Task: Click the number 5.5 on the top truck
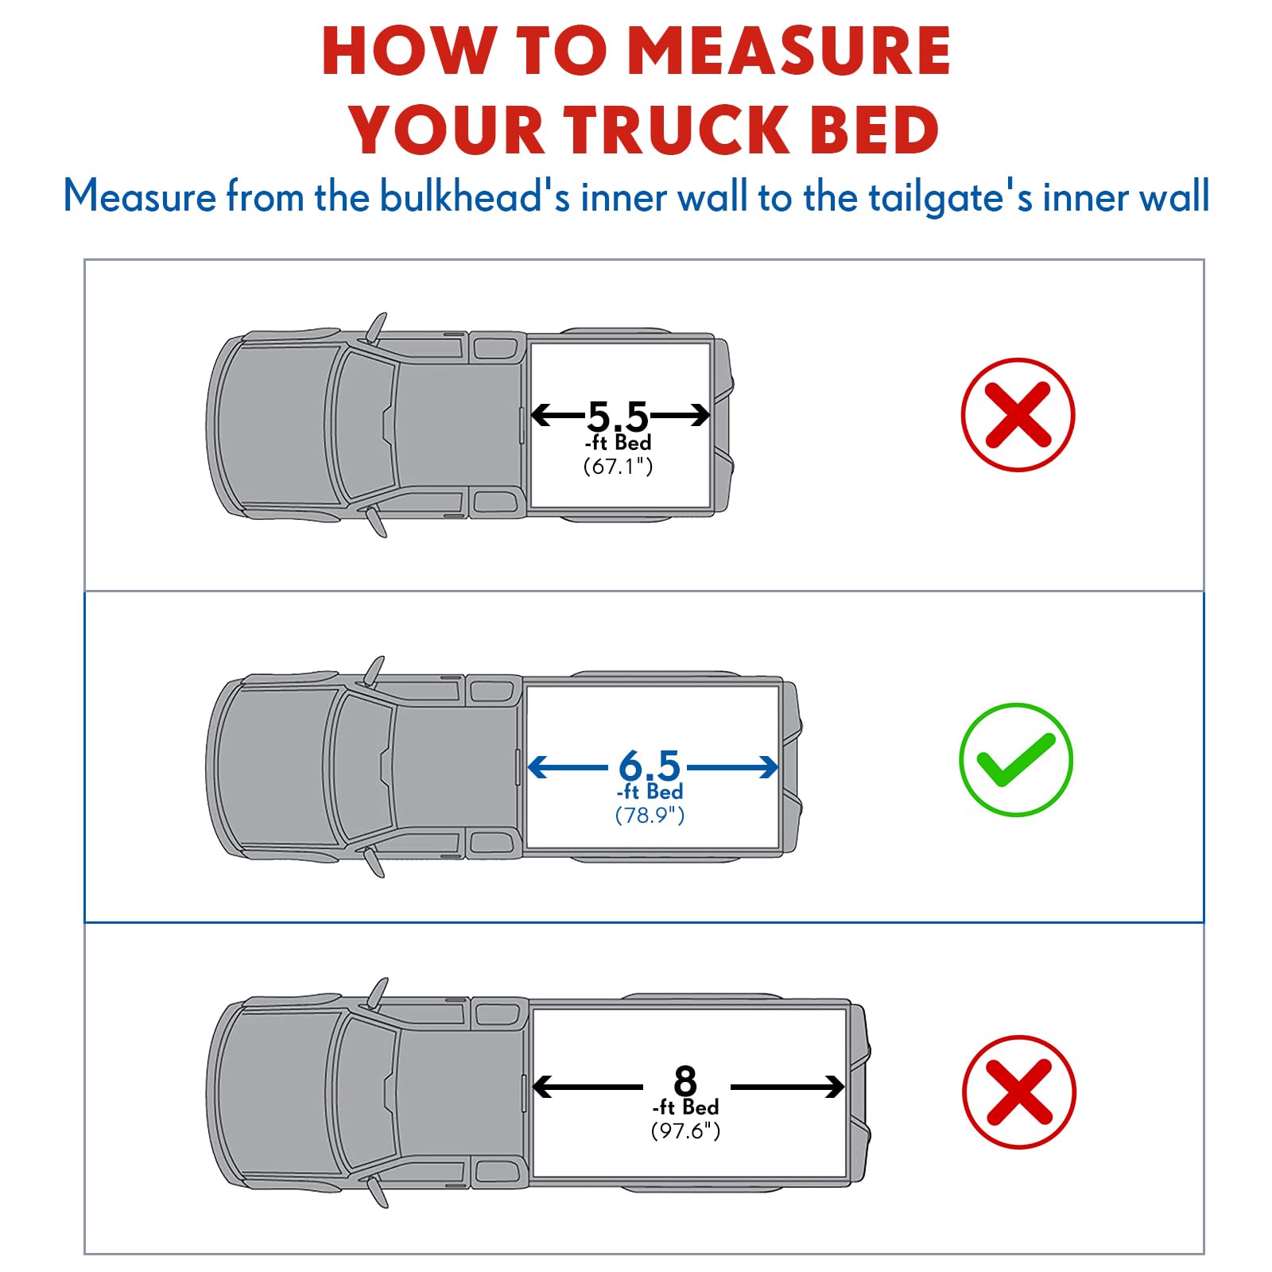[618, 416]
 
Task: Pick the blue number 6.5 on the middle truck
[650, 766]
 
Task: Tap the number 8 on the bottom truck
[685, 1082]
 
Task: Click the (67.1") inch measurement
[619, 467]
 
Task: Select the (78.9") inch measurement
[650, 816]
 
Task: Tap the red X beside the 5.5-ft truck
[1018, 415]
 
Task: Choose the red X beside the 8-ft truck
[1020, 1092]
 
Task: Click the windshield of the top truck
[364, 425]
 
